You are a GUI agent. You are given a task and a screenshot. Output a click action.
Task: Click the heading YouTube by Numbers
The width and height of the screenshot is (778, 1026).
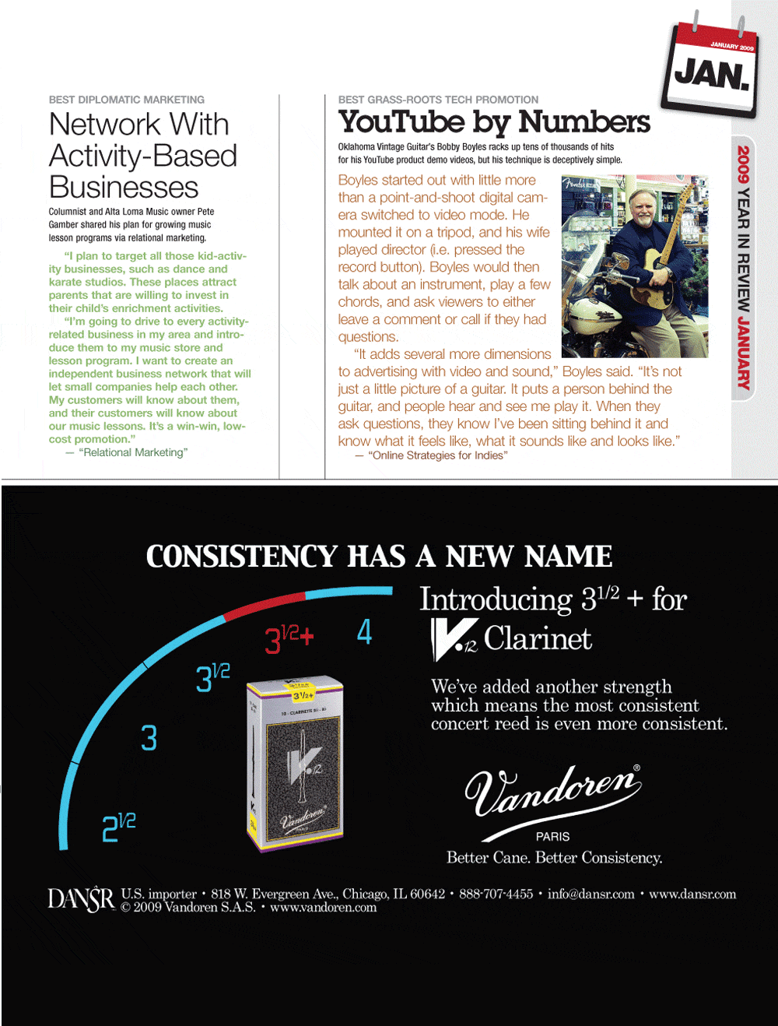pos(494,121)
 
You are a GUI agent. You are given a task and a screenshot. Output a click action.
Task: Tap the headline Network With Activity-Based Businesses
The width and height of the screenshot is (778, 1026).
pos(142,156)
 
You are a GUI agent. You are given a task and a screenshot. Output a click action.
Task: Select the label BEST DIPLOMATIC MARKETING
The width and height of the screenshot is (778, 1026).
pos(127,100)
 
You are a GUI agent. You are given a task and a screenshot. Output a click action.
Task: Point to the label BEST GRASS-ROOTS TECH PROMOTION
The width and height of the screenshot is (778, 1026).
pos(438,100)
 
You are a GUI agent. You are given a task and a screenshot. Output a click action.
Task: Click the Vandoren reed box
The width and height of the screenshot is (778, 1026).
pos(295,764)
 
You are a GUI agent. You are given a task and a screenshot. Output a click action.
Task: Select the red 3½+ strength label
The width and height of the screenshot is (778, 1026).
pos(289,638)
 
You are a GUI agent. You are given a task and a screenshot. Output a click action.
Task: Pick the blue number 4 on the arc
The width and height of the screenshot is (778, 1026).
pos(364,631)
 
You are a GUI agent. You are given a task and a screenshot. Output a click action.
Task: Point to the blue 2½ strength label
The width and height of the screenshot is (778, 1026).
pos(119,827)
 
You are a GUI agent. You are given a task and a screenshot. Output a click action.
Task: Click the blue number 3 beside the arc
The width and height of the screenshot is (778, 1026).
pos(149,738)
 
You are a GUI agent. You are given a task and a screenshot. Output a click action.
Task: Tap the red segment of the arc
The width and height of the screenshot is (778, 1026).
pos(265,605)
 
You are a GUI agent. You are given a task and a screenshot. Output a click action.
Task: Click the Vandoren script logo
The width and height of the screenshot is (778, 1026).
pos(553,791)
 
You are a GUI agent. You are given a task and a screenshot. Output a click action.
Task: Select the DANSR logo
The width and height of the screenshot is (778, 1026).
pos(81,899)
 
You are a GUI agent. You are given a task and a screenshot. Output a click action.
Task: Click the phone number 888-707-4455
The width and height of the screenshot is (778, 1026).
pos(496,894)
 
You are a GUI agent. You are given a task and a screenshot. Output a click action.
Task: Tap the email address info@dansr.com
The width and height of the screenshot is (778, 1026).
pos(591,894)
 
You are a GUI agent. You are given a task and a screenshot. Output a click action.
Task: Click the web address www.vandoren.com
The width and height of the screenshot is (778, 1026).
pos(323,908)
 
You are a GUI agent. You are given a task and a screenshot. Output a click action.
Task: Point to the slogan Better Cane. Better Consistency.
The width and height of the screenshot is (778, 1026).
pos(554,858)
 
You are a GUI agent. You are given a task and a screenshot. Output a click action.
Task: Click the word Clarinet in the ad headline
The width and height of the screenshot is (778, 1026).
pos(538,638)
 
